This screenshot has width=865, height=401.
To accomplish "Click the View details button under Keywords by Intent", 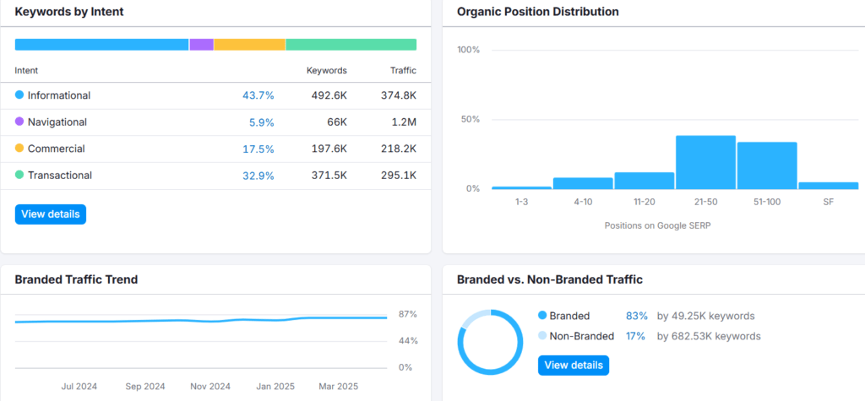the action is (50, 214).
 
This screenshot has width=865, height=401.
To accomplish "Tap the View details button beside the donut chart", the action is (574, 366).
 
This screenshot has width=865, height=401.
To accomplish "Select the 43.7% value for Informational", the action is (258, 95).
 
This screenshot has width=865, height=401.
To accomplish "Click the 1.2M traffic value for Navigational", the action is (403, 122).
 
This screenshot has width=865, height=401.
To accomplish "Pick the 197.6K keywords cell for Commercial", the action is (329, 149).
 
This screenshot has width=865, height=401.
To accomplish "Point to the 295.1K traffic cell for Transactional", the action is (399, 176).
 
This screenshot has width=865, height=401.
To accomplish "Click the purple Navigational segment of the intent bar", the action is (201, 45).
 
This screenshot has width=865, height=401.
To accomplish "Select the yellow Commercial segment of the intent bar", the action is (249, 45).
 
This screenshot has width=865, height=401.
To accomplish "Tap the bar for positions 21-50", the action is (705, 162).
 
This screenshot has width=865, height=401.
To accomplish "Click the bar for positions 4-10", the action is (583, 183).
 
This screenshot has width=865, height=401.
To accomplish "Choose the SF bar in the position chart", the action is (828, 186).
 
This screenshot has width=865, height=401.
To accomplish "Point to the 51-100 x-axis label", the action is (767, 202).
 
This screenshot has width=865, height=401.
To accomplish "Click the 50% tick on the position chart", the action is (469, 119).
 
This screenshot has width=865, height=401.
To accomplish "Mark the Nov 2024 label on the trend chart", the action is (210, 386).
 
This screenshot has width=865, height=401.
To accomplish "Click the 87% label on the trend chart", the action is (408, 314).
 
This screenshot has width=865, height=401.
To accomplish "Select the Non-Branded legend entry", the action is (576, 336).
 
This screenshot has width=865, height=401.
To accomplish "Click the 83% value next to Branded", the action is (636, 316).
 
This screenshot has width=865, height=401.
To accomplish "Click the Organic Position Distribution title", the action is (538, 12).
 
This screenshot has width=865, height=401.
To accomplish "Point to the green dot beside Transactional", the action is (19, 175).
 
